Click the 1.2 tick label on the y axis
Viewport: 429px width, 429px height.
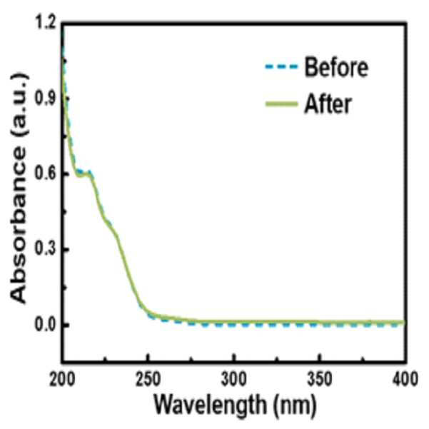click(45, 24)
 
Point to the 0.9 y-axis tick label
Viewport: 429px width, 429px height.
click(45, 99)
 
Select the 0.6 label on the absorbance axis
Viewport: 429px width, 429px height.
click(45, 173)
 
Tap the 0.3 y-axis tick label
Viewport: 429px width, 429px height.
click(45, 249)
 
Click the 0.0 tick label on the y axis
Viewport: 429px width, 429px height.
click(45, 325)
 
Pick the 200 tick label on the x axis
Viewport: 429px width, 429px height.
click(62, 379)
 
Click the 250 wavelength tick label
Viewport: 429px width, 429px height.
click(148, 379)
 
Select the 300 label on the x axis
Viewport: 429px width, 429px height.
click(233, 379)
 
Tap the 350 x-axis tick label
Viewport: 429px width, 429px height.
click(319, 379)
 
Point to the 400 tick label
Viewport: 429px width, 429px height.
click(405, 379)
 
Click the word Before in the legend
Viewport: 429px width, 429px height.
click(336, 67)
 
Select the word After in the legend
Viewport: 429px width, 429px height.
click(328, 104)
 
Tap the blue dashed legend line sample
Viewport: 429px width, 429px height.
click(281, 66)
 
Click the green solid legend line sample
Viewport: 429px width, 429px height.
click(281, 104)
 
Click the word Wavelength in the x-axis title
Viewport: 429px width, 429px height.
click(210, 404)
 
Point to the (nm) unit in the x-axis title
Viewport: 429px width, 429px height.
click(295, 405)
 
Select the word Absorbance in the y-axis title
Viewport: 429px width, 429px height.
click(19, 225)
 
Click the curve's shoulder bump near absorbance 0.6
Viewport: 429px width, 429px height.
click(88, 172)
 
